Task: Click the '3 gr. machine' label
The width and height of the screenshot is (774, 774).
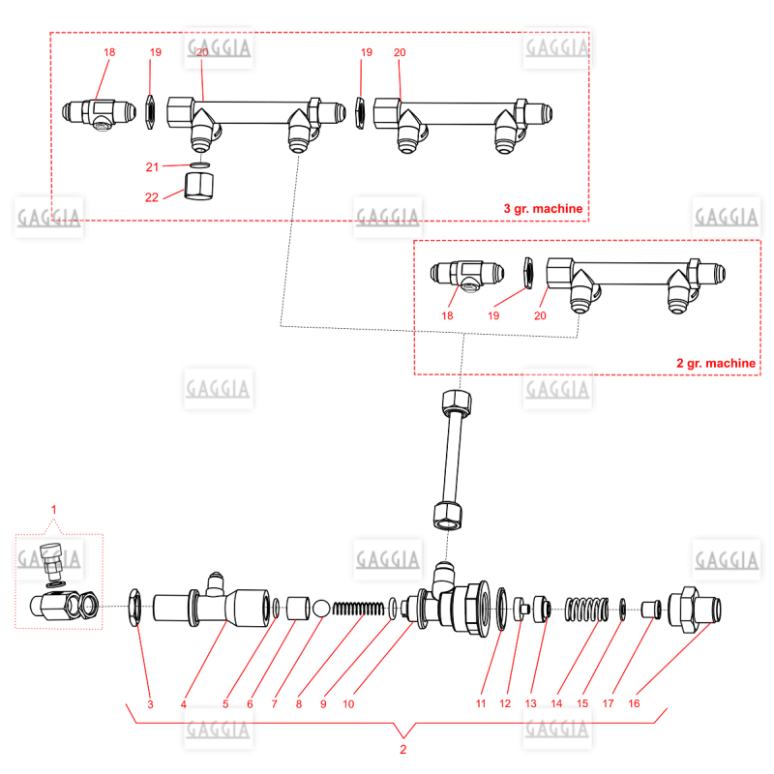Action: pyautogui.click(x=543, y=209)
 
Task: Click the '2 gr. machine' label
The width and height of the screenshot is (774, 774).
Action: pyautogui.click(x=716, y=364)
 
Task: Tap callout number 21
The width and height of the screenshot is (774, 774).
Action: pyautogui.click(x=152, y=166)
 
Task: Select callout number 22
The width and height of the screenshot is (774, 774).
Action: pyautogui.click(x=152, y=197)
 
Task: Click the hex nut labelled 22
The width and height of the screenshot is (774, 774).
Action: pyautogui.click(x=199, y=186)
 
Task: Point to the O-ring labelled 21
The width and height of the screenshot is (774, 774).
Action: pyautogui.click(x=199, y=164)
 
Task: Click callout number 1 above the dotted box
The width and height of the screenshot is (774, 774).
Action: pyautogui.click(x=54, y=510)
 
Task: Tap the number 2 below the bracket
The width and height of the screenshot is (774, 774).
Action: pyautogui.click(x=403, y=749)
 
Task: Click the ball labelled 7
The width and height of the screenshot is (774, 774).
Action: pyautogui.click(x=321, y=609)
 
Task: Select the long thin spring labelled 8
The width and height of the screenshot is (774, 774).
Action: pyautogui.click(x=358, y=609)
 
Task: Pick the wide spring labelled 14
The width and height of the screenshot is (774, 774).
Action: pyautogui.click(x=586, y=610)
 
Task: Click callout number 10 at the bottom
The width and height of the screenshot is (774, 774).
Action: pyautogui.click(x=348, y=704)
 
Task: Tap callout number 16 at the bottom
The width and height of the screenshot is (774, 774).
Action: pyautogui.click(x=634, y=703)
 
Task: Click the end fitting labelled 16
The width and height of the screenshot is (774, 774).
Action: pyautogui.click(x=694, y=610)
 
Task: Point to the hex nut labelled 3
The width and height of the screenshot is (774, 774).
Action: pyautogui.click(x=134, y=608)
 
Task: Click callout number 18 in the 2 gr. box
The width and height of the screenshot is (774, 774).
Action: pyautogui.click(x=447, y=315)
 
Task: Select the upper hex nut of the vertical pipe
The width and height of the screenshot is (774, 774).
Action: pyautogui.click(x=457, y=402)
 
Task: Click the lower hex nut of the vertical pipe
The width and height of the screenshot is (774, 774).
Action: pyautogui.click(x=448, y=516)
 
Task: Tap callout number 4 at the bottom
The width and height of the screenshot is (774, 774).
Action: pyautogui.click(x=184, y=704)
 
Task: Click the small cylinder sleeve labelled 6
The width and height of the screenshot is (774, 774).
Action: pyautogui.click(x=298, y=609)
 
